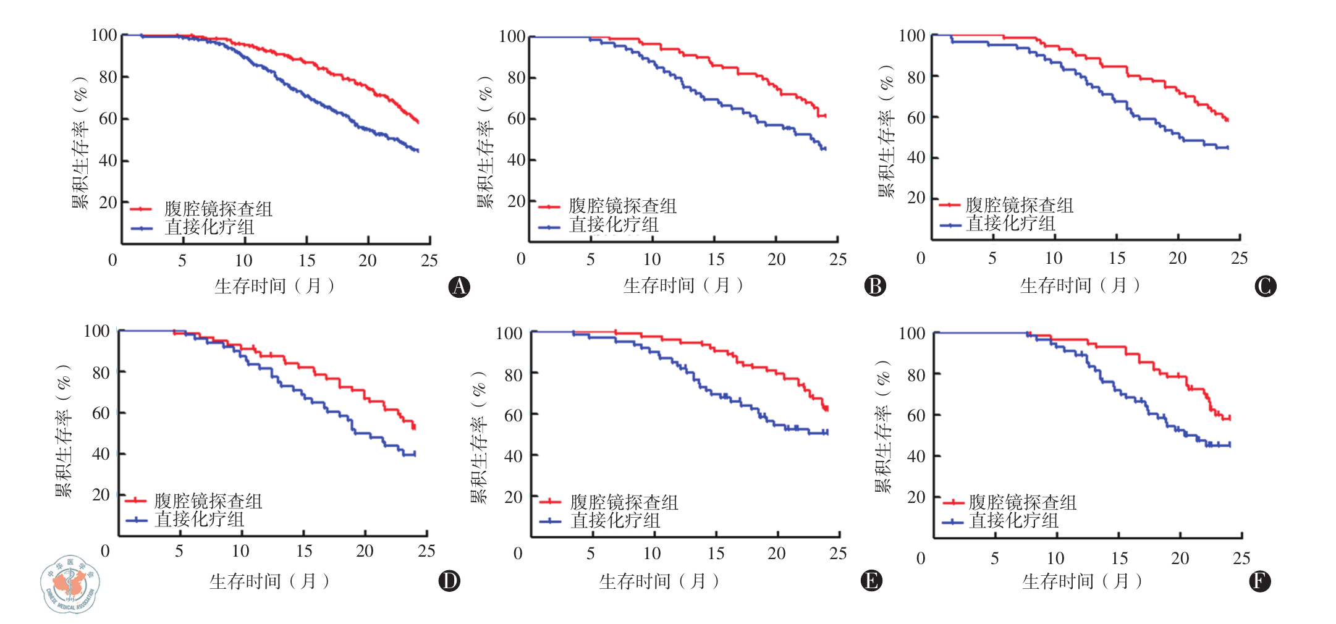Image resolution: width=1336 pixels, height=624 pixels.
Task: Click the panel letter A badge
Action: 459,287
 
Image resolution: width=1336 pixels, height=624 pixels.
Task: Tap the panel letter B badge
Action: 875,285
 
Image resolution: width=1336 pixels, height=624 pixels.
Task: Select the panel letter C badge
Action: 1266,286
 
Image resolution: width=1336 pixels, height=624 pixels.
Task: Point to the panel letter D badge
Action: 449,581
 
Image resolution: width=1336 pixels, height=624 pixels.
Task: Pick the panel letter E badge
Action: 871,581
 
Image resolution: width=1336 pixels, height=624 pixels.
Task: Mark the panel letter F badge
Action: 1260,581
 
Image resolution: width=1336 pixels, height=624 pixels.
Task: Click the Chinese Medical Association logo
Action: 70,584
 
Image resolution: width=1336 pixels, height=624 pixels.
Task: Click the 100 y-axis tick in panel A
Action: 104,35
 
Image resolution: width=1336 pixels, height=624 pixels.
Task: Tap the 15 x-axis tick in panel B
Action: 716,259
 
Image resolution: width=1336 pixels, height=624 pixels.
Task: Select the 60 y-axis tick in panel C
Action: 916,117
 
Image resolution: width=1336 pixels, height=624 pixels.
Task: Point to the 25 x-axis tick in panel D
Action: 426,551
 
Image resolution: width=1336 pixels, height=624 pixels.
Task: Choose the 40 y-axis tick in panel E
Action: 513,457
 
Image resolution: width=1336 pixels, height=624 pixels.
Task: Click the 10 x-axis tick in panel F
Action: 1055,559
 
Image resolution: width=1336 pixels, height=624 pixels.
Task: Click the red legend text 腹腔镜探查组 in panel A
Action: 218,209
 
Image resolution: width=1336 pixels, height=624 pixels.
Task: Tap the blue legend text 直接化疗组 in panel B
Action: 614,225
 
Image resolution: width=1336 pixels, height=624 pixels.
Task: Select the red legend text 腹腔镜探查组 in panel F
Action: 1022,502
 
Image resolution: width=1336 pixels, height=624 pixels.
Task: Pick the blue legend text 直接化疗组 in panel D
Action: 199,520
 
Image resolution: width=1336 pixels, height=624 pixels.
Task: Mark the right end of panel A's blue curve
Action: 418,151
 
